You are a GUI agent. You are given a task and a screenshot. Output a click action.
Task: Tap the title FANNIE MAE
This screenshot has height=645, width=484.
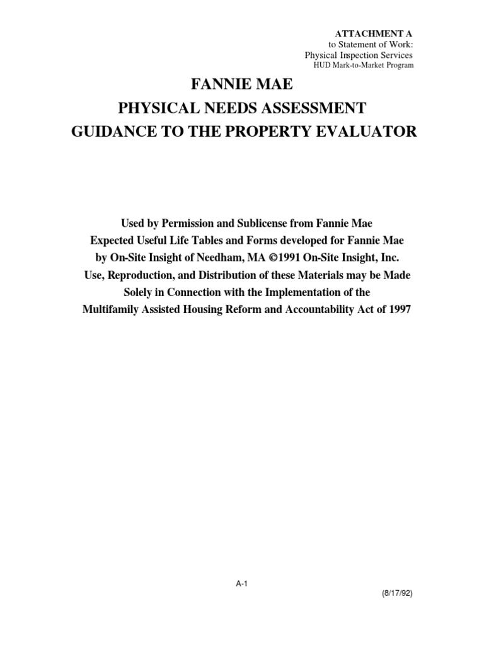click(x=241, y=85)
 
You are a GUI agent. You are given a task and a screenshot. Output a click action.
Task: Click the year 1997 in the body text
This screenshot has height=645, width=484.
click(x=398, y=311)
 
